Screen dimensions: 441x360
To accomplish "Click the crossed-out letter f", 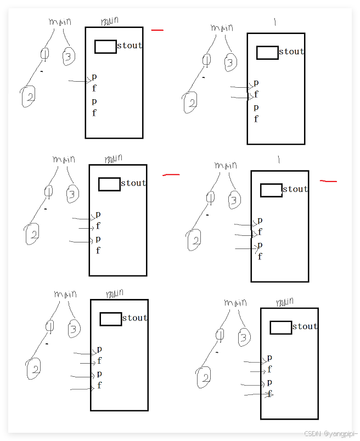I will click(269, 394).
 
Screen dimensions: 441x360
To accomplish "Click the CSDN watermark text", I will click(329, 433).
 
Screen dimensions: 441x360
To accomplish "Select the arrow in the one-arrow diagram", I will click(80, 81).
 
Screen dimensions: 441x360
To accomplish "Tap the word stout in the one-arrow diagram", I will click(130, 46).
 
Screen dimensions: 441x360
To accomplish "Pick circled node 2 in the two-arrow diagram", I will click(190, 103).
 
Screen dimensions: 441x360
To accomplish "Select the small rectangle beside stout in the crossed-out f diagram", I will click(281, 327).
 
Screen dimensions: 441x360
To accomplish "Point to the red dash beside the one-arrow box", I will click(157, 30).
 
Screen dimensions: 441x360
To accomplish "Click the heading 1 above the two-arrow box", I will click(275, 22).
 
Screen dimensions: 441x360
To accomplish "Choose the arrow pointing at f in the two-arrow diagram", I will click(241, 98).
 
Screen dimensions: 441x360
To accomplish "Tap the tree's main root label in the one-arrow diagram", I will click(60, 22).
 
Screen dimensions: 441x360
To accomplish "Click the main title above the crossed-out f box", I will click(284, 302).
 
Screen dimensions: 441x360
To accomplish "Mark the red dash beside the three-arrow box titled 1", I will click(328, 180).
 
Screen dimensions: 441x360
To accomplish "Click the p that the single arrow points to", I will click(94, 77).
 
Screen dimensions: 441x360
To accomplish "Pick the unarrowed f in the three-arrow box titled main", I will click(98, 251).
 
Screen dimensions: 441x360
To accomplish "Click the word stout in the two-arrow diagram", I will click(291, 52).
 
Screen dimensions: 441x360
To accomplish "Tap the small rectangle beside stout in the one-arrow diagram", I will click(105, 47).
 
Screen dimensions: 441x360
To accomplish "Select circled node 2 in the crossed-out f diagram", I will click(204, 377).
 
